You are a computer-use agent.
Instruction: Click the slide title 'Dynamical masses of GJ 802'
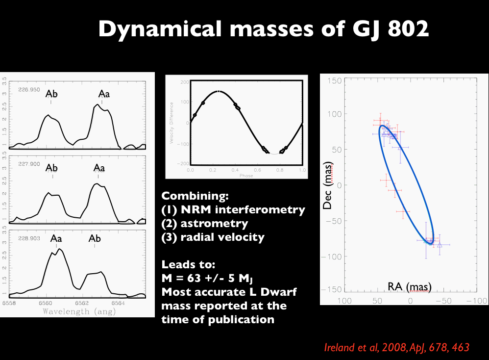point(264,29)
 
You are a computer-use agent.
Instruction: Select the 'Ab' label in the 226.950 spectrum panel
point(51,94)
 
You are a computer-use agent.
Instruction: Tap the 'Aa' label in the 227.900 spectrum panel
point(99,168)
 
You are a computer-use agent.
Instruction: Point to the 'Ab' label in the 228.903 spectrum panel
point(95,238)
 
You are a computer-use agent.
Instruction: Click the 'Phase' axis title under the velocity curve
point(246,175)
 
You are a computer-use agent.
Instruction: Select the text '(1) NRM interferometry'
point(233,210)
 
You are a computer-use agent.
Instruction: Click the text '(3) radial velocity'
point(213,237)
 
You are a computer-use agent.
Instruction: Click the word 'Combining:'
point(195,196)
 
